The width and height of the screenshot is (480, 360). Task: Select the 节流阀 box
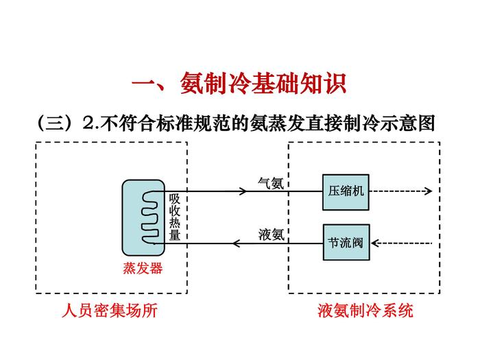(x=346, y=243)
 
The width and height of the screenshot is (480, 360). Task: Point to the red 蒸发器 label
(x=143, y=269)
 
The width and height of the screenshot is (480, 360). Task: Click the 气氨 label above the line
(x=270, y=182)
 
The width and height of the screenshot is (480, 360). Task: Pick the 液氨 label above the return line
(x=270, y=234)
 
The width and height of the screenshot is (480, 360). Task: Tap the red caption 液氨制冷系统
(x=365, y=311)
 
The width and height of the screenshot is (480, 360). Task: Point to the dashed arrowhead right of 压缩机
(x=429, y=191)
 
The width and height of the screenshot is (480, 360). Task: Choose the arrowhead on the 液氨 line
(x=237, y=243)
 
